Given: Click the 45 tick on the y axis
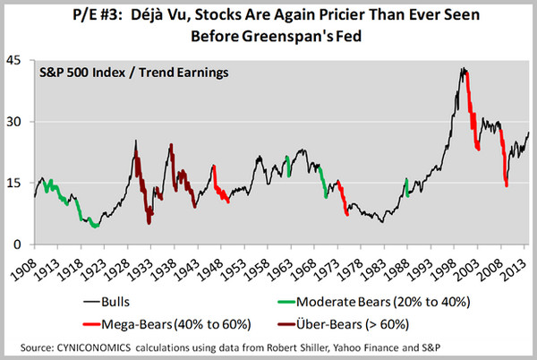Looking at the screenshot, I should click(x=16, y=60).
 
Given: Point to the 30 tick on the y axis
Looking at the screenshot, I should click(x=16, y=122).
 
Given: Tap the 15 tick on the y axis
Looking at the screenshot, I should click(x=16, y=183).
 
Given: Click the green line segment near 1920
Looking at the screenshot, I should click(x=92, y=225).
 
